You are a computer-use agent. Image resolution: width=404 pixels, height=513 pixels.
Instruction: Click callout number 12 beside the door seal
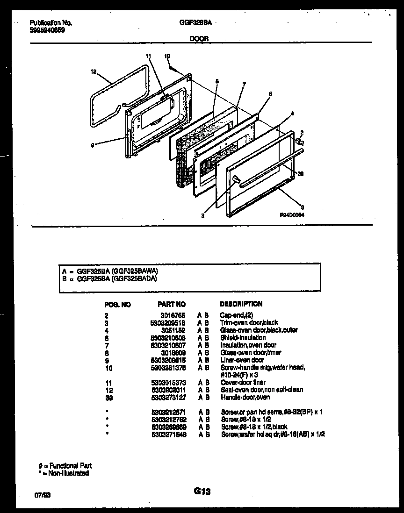click(93, 72)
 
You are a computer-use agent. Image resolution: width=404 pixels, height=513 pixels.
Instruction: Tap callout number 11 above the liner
click(148, 56)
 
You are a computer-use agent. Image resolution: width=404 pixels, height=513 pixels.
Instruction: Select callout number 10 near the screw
click(167, 56)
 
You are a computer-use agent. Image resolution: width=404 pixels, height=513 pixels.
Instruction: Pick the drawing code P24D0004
click(295, 215)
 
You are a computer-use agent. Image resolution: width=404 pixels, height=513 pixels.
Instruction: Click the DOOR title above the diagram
click(200, 39)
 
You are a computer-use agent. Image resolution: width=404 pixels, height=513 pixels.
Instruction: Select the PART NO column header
click(172, 304)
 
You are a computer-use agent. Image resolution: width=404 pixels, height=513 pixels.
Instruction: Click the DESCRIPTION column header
click(241, 304)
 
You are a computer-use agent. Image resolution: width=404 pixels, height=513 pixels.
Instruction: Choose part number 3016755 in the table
click(175, 315)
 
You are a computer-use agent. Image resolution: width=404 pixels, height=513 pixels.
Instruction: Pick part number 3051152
click(175, 330)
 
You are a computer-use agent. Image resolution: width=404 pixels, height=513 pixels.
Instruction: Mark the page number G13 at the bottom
click(202, 491)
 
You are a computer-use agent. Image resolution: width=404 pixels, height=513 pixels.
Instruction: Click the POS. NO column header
click(118, 305)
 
